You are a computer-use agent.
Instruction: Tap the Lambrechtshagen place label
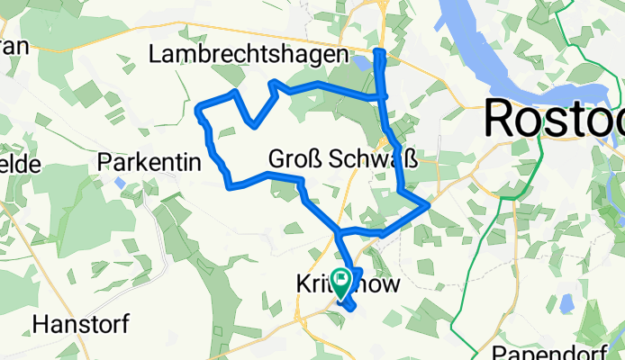pos(248,55)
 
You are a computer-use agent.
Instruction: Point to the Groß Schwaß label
pos(342,159)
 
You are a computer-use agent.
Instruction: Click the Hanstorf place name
pos(82,322)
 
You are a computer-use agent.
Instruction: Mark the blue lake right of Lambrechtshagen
pos(362,63)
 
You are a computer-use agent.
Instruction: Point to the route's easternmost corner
pos(427,206)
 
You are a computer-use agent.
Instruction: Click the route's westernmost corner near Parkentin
pos(198,111)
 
